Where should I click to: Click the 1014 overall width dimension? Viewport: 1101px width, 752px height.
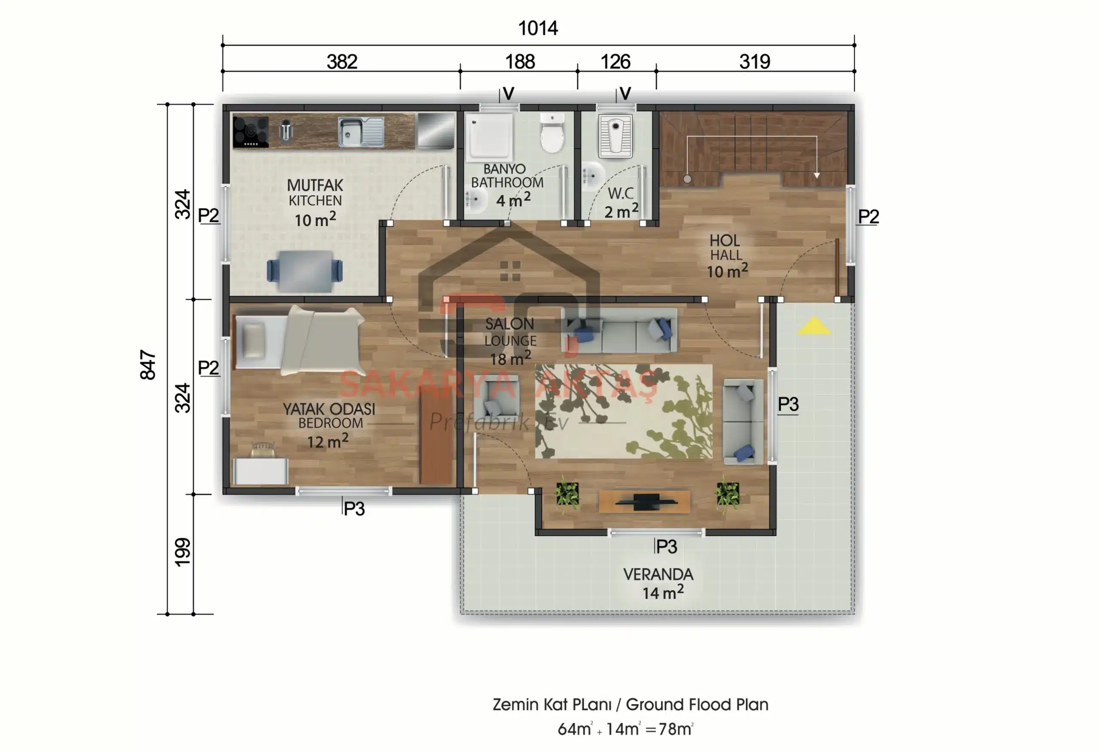tap(538, 28)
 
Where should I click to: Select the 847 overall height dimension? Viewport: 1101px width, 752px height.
tap(148, 365)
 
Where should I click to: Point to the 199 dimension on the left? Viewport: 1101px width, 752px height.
tap(182, 552)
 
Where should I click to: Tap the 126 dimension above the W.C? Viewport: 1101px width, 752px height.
tap(615, 62)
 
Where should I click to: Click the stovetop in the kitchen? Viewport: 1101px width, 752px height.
tap(251, 132)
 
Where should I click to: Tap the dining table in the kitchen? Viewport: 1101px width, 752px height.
tap(304, 271)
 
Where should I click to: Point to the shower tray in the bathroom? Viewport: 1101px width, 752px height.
tap(489, 136)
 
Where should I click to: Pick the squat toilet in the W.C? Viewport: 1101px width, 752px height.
tap(615, 136)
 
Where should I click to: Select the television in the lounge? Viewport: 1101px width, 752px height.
tap(644, 502)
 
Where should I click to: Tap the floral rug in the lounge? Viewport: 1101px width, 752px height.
tap(624, 411)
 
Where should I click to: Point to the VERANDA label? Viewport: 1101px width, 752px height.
tap(658, 574)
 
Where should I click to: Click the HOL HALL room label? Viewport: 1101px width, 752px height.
tap(725, 247)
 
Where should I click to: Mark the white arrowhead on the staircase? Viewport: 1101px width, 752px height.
tap(817, 176)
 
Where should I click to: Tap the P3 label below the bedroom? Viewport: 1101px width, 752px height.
tap(354, 509)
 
